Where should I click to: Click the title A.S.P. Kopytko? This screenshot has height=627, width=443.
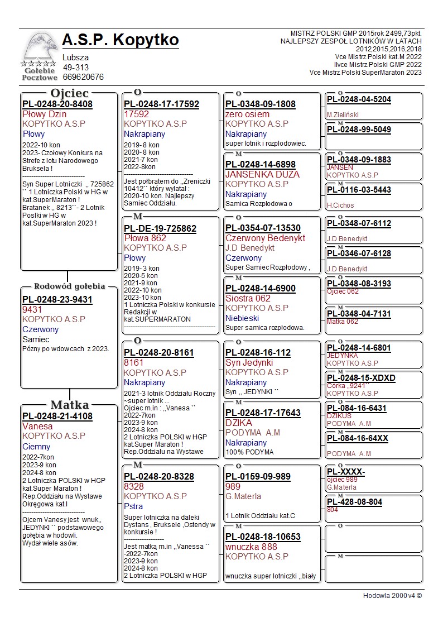point(121,40)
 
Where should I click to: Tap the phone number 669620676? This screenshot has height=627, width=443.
point(83,77)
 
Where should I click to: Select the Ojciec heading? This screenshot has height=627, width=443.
point(69,93)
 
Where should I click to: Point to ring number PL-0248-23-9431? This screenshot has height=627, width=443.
point(57,300)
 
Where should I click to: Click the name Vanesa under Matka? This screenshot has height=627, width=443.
point(37,426)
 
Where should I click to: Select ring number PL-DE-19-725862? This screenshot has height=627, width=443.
point(160,228)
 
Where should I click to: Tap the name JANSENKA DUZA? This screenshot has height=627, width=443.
point(262,174)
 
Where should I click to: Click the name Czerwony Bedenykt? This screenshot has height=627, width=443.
point(266,238)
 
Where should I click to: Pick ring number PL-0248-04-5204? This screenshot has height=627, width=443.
point(359,99)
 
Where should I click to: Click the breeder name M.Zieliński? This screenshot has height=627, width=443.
point(343,115)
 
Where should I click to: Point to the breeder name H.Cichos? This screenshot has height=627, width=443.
point(340,205)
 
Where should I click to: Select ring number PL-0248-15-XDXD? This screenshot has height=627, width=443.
point(361,378)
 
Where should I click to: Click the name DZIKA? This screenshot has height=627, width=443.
point(239,423)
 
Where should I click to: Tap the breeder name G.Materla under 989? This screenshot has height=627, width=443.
point(243,496)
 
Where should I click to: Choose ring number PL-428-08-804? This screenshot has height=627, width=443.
point(354,502)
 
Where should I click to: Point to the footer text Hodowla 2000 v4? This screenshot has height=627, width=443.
point(392,595)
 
